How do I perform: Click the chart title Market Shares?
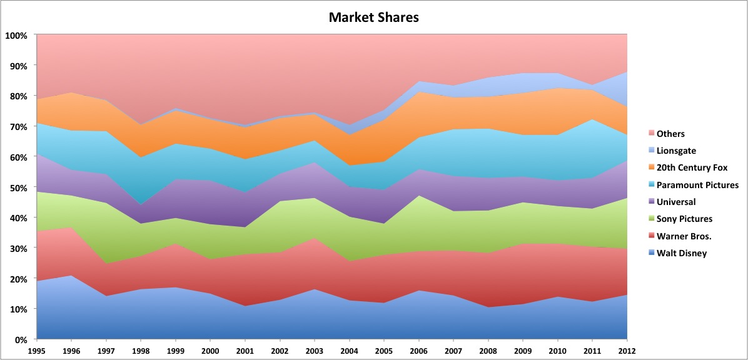click(x=373, y=17)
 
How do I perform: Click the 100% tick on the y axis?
click(x=16, y=36)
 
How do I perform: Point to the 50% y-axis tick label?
click(x=18, y=187)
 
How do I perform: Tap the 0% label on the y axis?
click(x=21, y=340)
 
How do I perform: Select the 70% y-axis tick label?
click(x=18, y=127)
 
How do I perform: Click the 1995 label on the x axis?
click(x=38, y=352)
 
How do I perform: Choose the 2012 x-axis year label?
click(x=627, y=352)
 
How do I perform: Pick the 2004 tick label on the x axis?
click(x=350, y=352)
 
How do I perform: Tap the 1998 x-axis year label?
click(x=141, y=352)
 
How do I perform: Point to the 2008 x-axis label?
click(x=488, y=352)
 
